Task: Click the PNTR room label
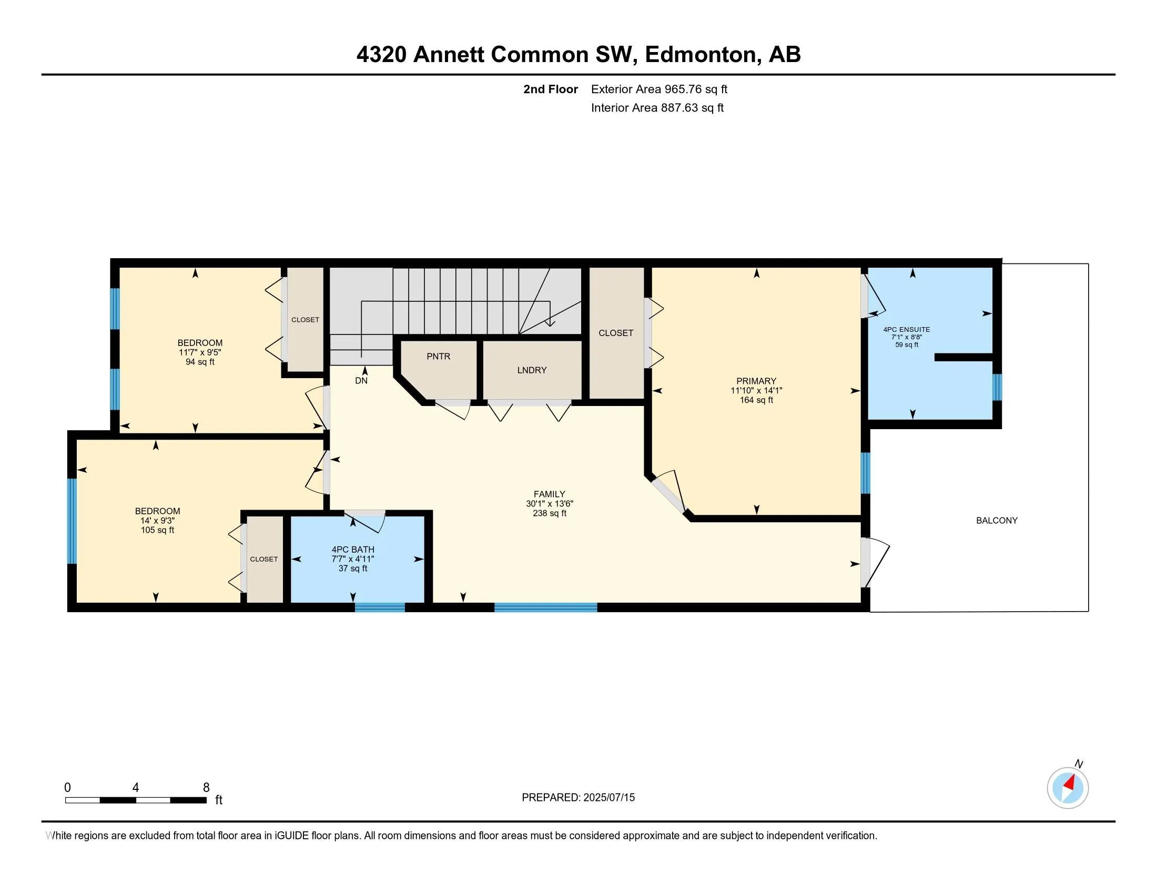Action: pyautogui.click(x=438, y=357)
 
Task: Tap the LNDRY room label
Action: pyautogui.click(x=531, y=370)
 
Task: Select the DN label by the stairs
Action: pyautogui.click(x=361, y=380)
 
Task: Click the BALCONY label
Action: pyautogui.click(x=997, y=520)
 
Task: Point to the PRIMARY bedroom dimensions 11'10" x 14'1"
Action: pyautogui.click(x=756, y=390)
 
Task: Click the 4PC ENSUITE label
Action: pyautogui.click(x=907, y=329)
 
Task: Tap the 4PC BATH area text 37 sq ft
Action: pyautogui.click(x=353, y=568)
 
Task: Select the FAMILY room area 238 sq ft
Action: pyautogui.click(x=550, y=513)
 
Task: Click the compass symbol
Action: pyautogui.click(x=1068, y=788)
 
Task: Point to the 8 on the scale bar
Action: pyautogui.click(x=206, y=788)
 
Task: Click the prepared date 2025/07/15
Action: pyautogui.click(x=608, y=797)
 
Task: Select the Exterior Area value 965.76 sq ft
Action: pyautogui.click(x=696, y=89)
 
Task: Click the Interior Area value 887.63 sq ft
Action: pyautogui.click(x=692, y=107)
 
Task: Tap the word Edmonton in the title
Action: pyautogui.click(x=701, y=54)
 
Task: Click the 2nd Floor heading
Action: pyautogui.click(x=551, y=89)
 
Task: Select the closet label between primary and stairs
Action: pyautogui.click(x=616, y=332)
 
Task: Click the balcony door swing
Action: pyautogui.click(x=875, y=563)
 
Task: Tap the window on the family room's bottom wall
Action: pyautogui.click(x=546, y=607)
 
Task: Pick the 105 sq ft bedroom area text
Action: pyautogui.click(x=157, y=530)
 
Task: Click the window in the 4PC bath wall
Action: pyautogui.click(x=379, y=607)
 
